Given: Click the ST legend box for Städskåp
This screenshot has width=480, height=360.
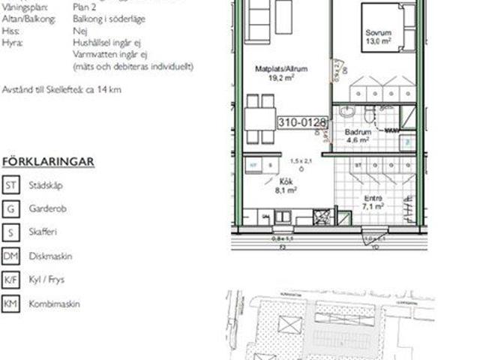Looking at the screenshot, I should click(11, 184).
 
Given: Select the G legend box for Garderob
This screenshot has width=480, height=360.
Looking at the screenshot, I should click(11, 208).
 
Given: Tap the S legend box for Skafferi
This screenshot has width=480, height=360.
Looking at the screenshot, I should click(11, 232).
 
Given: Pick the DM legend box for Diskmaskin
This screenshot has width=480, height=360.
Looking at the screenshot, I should click(11, 256).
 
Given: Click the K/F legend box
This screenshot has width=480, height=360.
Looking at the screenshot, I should click(11, 280).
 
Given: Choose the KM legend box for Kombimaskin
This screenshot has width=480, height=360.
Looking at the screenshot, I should click(11, 304).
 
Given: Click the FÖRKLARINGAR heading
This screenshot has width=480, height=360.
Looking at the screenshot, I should click(48, 161).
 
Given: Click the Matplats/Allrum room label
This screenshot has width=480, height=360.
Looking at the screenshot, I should click(277, 68).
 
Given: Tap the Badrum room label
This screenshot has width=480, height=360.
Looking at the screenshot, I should click(358, 130).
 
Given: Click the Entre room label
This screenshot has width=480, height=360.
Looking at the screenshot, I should click(373, 197).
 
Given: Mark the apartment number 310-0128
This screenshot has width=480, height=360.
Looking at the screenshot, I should click(302, 120).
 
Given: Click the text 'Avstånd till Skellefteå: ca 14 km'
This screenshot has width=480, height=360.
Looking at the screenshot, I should click(62, 90).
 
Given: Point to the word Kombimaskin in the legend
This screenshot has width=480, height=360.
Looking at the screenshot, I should click(54, 304).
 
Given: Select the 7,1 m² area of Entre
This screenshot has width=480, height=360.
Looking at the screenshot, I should click(373, 205).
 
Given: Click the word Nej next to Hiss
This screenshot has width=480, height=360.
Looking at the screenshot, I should click(79, 31).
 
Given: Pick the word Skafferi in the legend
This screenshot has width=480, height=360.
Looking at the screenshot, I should click(44, 232).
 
